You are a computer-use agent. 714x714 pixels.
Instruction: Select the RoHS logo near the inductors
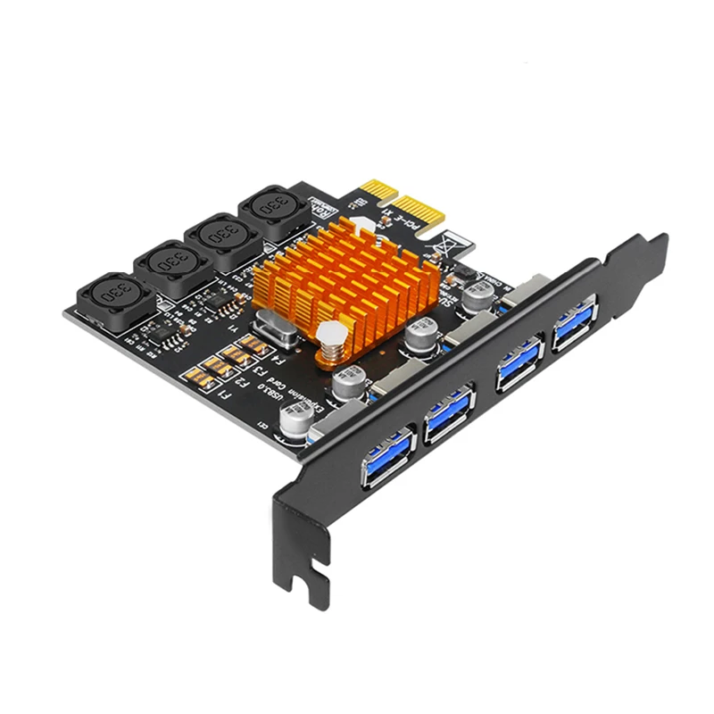coord(320,207)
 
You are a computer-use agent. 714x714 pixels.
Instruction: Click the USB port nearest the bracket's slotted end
coord(388,456)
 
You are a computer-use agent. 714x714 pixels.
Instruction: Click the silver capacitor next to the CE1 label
coord(294,419)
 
